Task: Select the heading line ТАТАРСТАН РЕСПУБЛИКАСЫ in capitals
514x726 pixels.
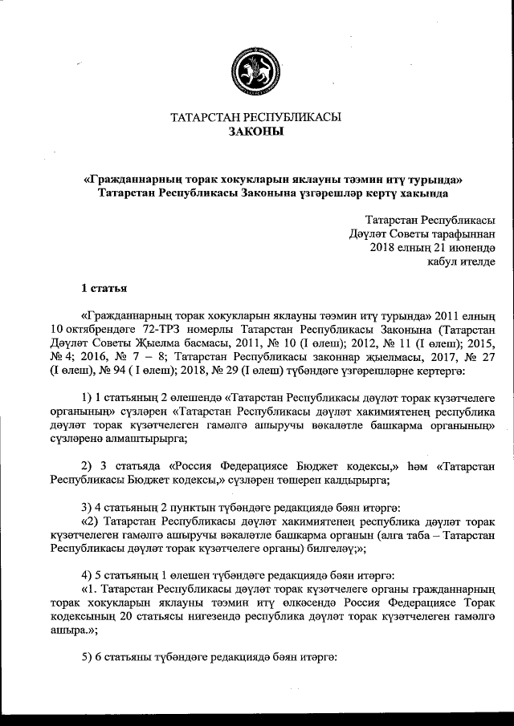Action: click(256, 117)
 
